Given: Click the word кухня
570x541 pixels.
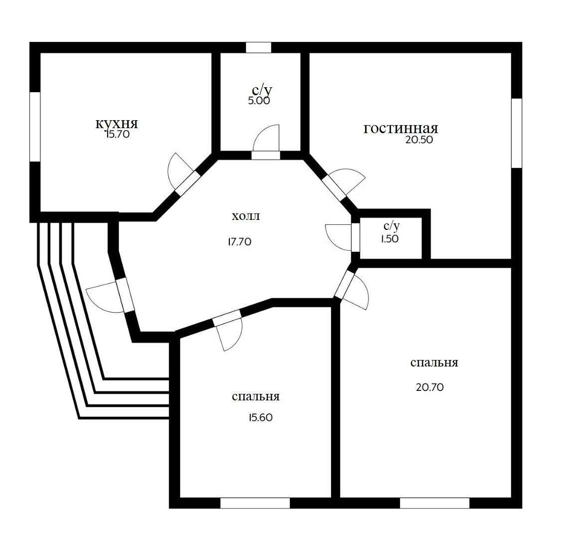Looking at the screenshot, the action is pos(117,123).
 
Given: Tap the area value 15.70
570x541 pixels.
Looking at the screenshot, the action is pos(117,135).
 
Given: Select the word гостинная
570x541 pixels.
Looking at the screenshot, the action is pos(400,128).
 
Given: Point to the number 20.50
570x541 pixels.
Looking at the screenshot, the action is pos(419,140).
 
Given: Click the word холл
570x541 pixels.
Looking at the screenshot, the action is pos(246,216).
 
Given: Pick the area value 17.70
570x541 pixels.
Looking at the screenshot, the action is pos(239,242).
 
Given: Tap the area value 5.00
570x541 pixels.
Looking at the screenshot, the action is pos(259,101).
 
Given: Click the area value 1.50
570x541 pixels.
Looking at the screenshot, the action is pos(389,239).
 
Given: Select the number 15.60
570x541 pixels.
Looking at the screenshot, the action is pos(261,417).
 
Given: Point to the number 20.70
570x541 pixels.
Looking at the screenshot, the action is pos(430,387).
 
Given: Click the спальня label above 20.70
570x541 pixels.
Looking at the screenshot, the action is pos(434,362).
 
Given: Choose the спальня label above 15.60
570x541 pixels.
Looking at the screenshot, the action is pos(255,396).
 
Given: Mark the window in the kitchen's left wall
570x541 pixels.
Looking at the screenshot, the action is pos(34,127).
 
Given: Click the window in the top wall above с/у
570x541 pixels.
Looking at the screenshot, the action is pos(258,47).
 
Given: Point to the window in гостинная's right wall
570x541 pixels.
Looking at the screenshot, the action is pos(517,133).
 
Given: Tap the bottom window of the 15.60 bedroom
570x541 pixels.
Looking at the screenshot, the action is pos(255,503).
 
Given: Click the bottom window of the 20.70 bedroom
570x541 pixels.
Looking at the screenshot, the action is pos(434,503).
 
